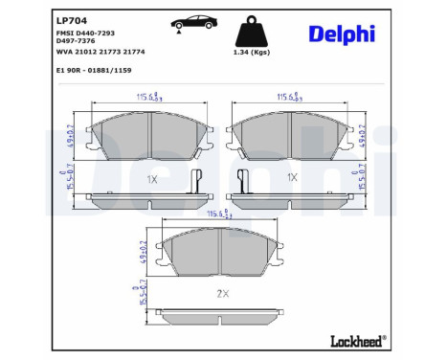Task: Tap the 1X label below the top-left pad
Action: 151,178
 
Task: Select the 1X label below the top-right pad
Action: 292,178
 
